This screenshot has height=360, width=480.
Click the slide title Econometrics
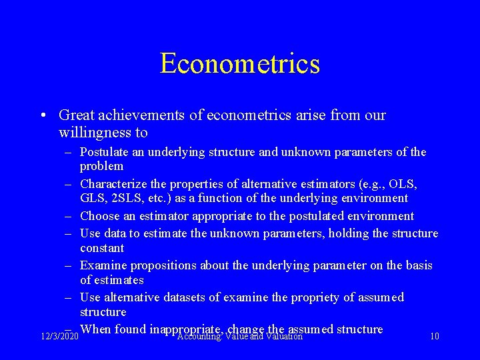click(240, 64)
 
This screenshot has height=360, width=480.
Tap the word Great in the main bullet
click(76, 115)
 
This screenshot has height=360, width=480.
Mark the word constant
click(102, 248)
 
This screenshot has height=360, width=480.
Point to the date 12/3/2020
click(59, 337)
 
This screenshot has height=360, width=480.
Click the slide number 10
click(434, 337)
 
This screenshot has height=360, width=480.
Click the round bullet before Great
click(43, 116)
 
